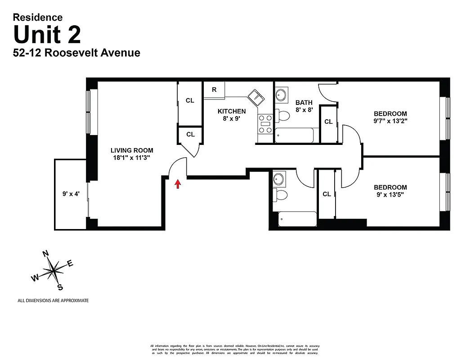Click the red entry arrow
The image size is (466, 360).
[178, 184]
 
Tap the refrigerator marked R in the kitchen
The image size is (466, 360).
[214, 90]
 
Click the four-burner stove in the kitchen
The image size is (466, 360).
[265, 124]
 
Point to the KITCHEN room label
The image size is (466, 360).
[232, 111]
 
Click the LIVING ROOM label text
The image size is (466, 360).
[132, 150]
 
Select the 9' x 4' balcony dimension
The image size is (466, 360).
[71, 194]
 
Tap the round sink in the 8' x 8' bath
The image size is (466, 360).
[281, 95]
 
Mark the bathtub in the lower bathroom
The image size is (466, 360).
[297, 219]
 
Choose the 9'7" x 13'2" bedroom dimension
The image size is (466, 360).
[390, 121]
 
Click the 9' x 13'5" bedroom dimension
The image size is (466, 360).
[390, 195]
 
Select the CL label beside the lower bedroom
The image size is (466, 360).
[327, 194]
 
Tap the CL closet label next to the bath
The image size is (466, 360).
[328, 121]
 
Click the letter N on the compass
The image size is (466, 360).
[45, 254]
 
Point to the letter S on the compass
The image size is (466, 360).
[60, 288]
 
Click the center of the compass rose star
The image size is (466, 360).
[54, 270]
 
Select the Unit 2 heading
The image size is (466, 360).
[47, 35]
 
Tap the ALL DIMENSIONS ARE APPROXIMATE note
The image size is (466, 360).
[53, 301]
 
